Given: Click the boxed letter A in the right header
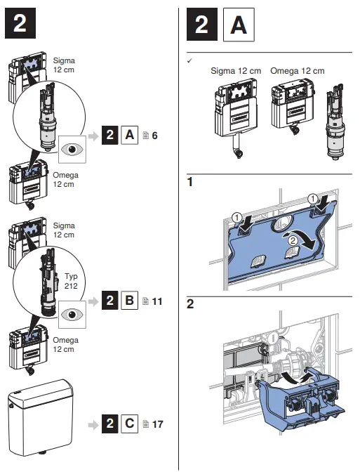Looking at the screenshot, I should tap(239, 26).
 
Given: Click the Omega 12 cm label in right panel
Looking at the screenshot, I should tap(297, 71).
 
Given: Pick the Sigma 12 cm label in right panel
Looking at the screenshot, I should tap(237, 71).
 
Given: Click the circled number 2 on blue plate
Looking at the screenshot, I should tap(287, 241).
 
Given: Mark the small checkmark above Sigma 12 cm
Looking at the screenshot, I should tap(190, 62).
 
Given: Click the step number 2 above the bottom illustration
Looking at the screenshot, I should tap(190, 306).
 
